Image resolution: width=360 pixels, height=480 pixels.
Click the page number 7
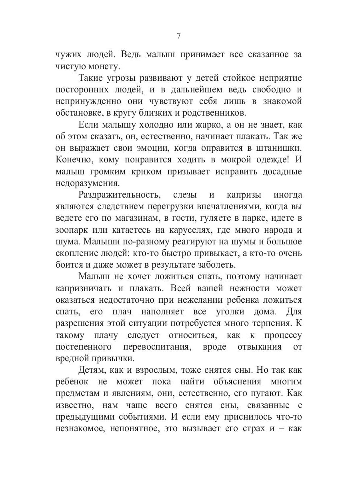[x=179, y=36]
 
